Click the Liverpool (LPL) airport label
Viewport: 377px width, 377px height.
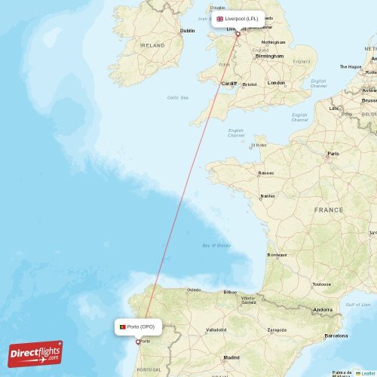pyautogui.click(x=238, y=19)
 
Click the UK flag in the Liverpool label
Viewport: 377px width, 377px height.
pyautogui.click(x=220, y=19)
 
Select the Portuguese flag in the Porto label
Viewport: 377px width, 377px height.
pyautogui.click(x=122, y=326)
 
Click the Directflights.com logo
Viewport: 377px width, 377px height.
pyautogui.click(x=35, y=353)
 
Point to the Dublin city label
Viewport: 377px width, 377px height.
pyautogui.click(x=187, y=31)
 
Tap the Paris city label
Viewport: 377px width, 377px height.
pyautogui.click(x=332, y=154)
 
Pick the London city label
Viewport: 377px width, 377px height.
pyautogui.click(x=276, y=83)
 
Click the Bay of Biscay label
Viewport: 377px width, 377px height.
pyautogui.click(x=216, y=245)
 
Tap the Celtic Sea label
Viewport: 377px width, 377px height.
pyautogui.click(x=178, y=97)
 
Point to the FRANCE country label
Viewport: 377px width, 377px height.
pyautogui.click(x=329, y=210)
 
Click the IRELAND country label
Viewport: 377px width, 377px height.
pyautogui.click(x=153, y=45)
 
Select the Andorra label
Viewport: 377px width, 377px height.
pyautogui.click(x=323, y=310)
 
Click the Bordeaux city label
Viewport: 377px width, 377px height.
pyautogui.click(x=277, y=255)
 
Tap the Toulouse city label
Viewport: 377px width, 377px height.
pyautogui.click(x=321, y=284)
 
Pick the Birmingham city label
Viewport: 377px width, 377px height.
pyautogui.click(x=269, y=56)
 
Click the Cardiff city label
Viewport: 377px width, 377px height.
pyautogui.click(x=228, y=83)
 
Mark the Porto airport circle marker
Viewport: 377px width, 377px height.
pyautogui.click(x=136, y=342)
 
